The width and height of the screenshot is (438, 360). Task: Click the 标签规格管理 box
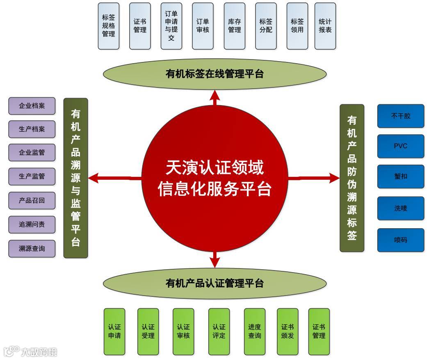point(109,26)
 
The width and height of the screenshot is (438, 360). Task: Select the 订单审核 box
point(203,26)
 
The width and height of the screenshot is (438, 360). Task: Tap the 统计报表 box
point(325,26)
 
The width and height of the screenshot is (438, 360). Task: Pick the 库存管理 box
point(235,26)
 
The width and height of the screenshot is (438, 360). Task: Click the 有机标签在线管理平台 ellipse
point(214,74)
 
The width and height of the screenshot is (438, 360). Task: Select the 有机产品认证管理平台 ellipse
point(214,283)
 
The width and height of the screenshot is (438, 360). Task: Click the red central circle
point(214,179)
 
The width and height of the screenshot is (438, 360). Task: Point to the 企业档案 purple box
point(32,106)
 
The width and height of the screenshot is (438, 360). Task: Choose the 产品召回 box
point(32,201)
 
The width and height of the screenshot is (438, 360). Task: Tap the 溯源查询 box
point(32,249)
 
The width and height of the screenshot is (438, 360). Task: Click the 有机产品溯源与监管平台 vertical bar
point(76,178)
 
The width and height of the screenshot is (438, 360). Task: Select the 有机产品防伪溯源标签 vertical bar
point(352,178)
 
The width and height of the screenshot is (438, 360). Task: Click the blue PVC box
point(401,146)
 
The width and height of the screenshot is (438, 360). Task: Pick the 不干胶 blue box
point(401,116)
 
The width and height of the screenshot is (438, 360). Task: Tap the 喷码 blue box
point(401,240)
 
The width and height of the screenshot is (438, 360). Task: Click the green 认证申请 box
point(114,331)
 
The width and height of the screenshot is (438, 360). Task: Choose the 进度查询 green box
point(255,331)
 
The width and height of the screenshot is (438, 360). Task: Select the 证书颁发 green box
point(287,331)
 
